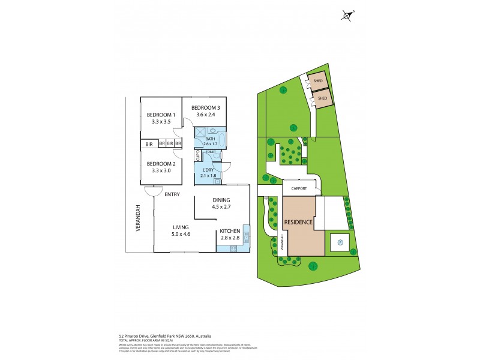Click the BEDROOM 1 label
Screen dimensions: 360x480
(x=160, y=115)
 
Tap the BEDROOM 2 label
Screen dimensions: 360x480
(x=160, y=164)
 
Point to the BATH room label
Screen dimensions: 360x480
(x=209, y=139)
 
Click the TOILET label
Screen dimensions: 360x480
(x=211, y=152)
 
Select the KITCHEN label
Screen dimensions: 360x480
(x=230, y=231)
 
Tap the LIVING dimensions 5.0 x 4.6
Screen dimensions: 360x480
(x=181, y=234)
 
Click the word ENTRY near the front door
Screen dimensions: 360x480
(x=172, y=194)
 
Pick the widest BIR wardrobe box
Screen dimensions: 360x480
(x=148, y=144)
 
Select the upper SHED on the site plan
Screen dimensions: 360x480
(x=318, y=80)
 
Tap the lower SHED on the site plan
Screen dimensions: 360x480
(x=322, y=98)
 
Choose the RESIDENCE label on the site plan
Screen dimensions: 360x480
(x=299, y=222)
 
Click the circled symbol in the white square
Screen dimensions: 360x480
(x=340, y=242)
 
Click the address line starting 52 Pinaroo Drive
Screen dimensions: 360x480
(x=164, y=336)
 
